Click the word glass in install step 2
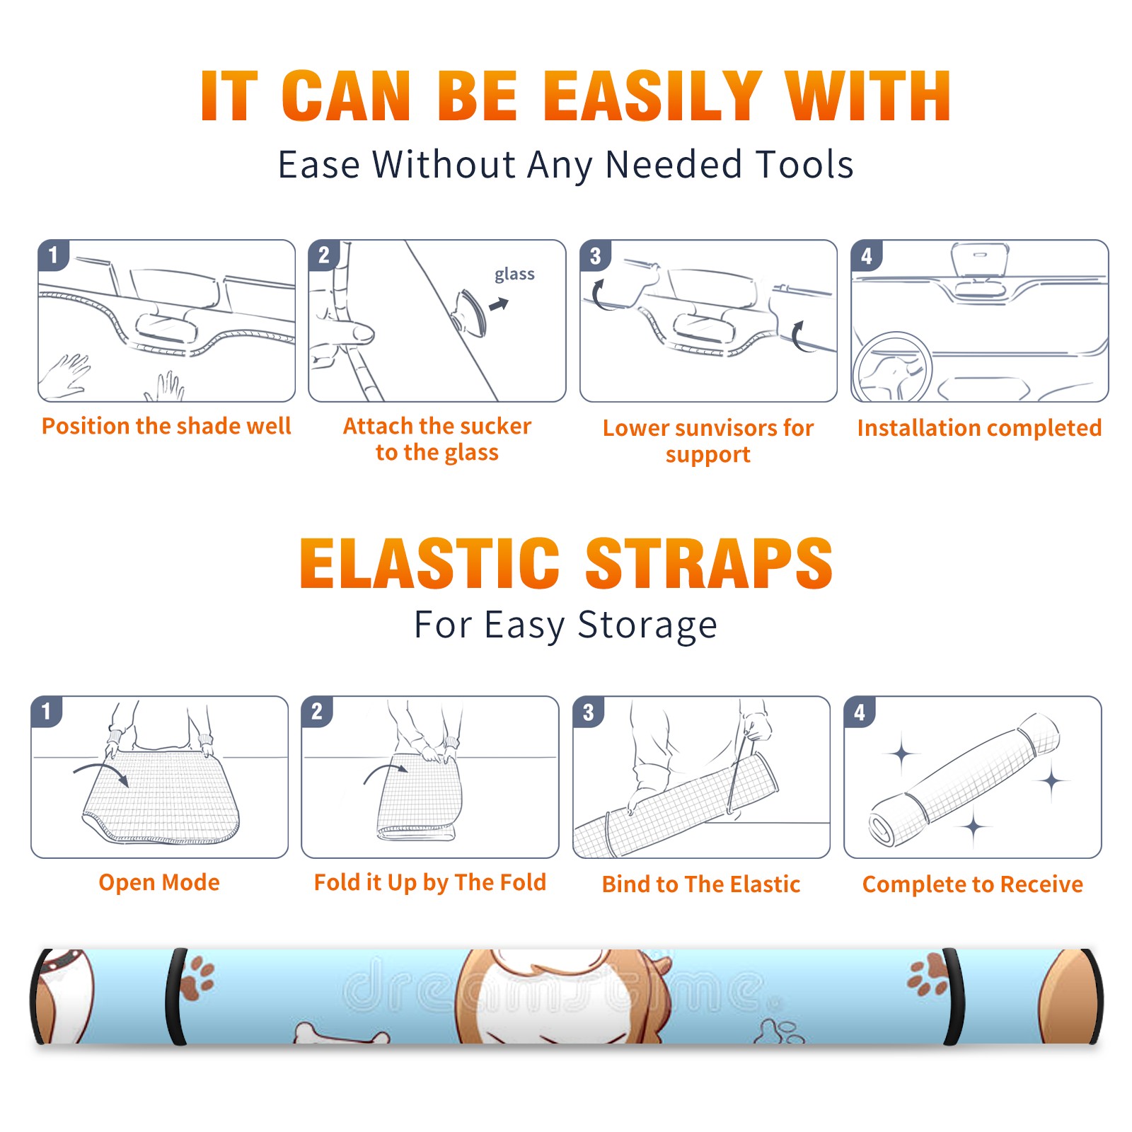coord(514,275)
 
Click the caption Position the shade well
coord(166,426)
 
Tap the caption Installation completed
coord(979,427)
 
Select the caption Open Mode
coord(159,882)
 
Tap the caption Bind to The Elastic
coord(701,884)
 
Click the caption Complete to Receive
coord(973,884)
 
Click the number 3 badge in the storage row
coord(589,712)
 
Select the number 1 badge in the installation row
coord(53,255)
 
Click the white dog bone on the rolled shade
coord(341,1034)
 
